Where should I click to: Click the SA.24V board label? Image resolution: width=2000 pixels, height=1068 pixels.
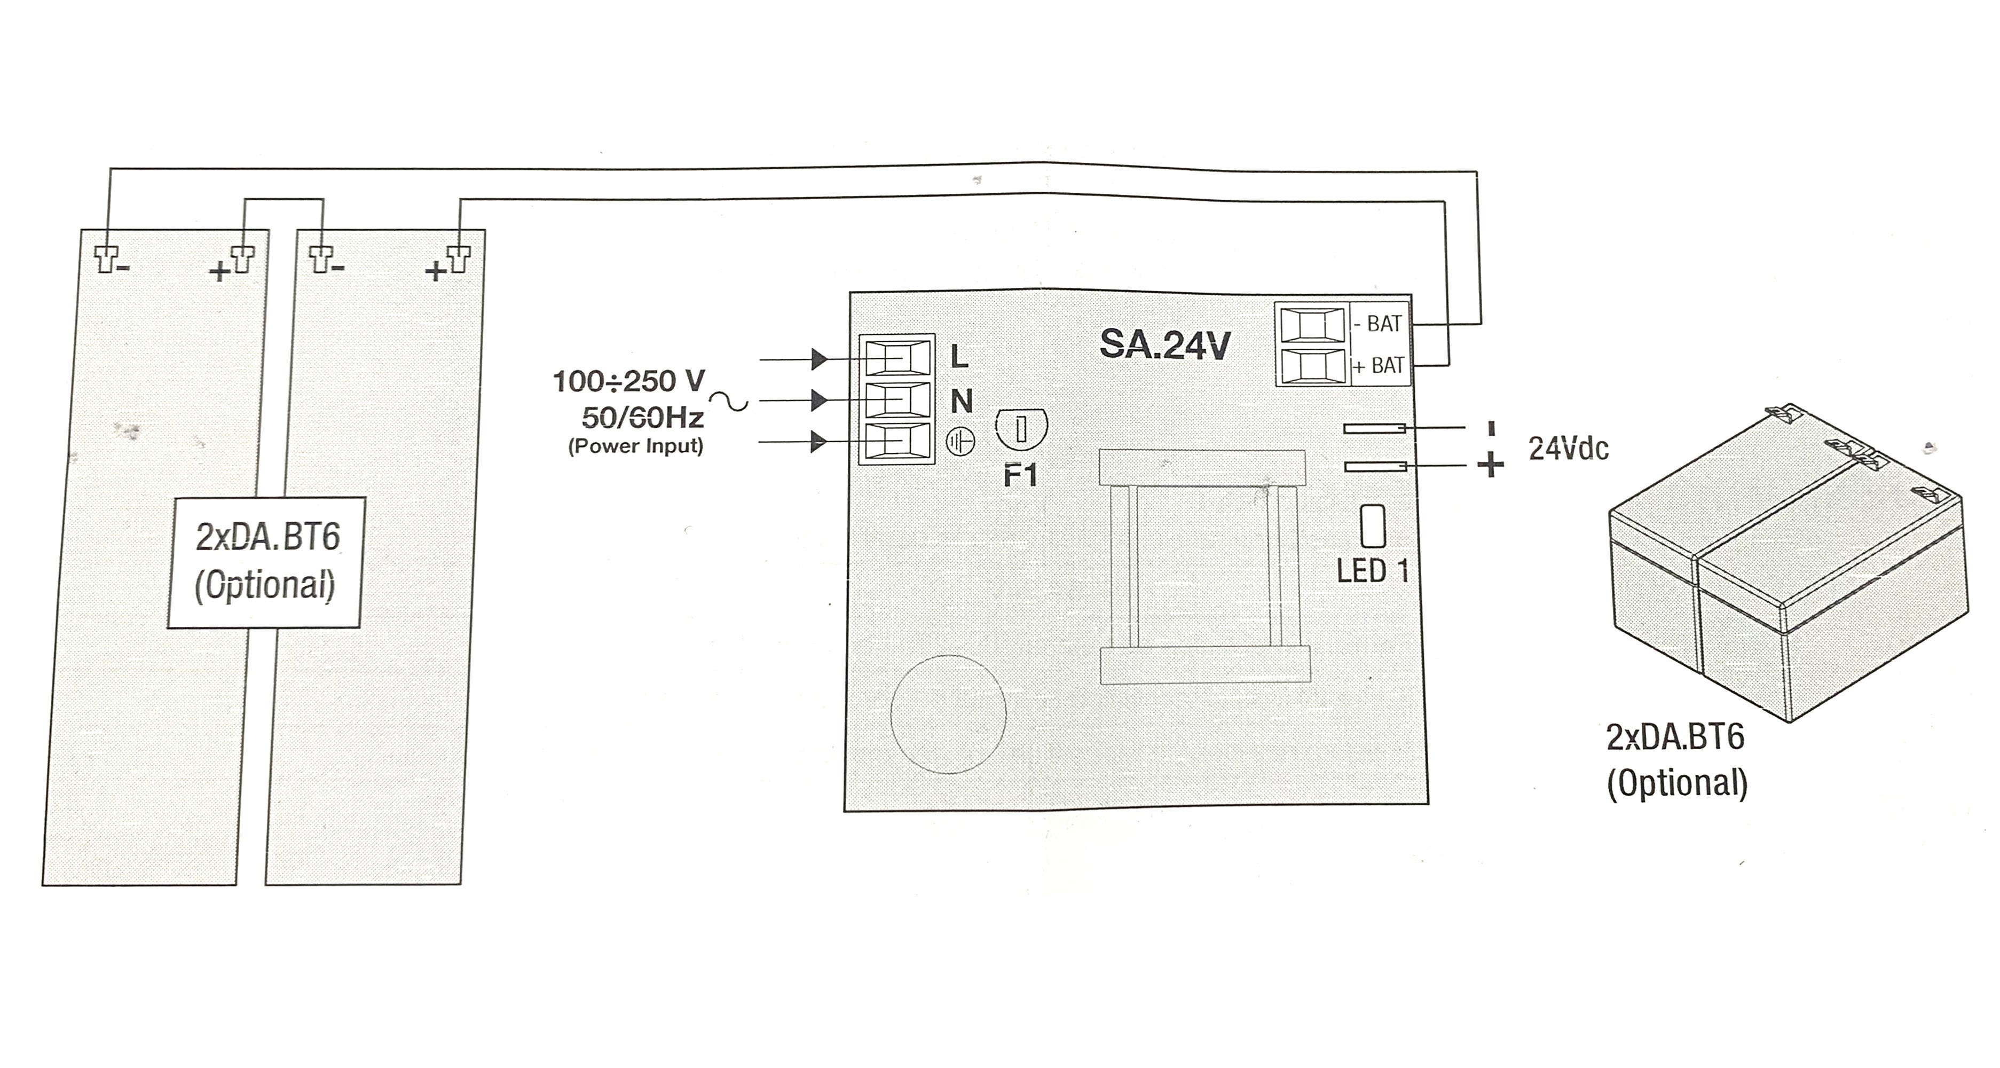click(x=1164, y=345)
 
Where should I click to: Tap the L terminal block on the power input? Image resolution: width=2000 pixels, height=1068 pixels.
click(x=897, y=359)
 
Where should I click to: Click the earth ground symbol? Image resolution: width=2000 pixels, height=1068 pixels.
click(x=960, y=443)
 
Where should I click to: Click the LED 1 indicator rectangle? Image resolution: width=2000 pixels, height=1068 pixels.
click(x=1373, y=526)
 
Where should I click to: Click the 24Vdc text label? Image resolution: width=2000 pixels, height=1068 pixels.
click(x=1568, y=448)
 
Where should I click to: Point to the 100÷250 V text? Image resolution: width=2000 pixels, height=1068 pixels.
click(x=629, y=381)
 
